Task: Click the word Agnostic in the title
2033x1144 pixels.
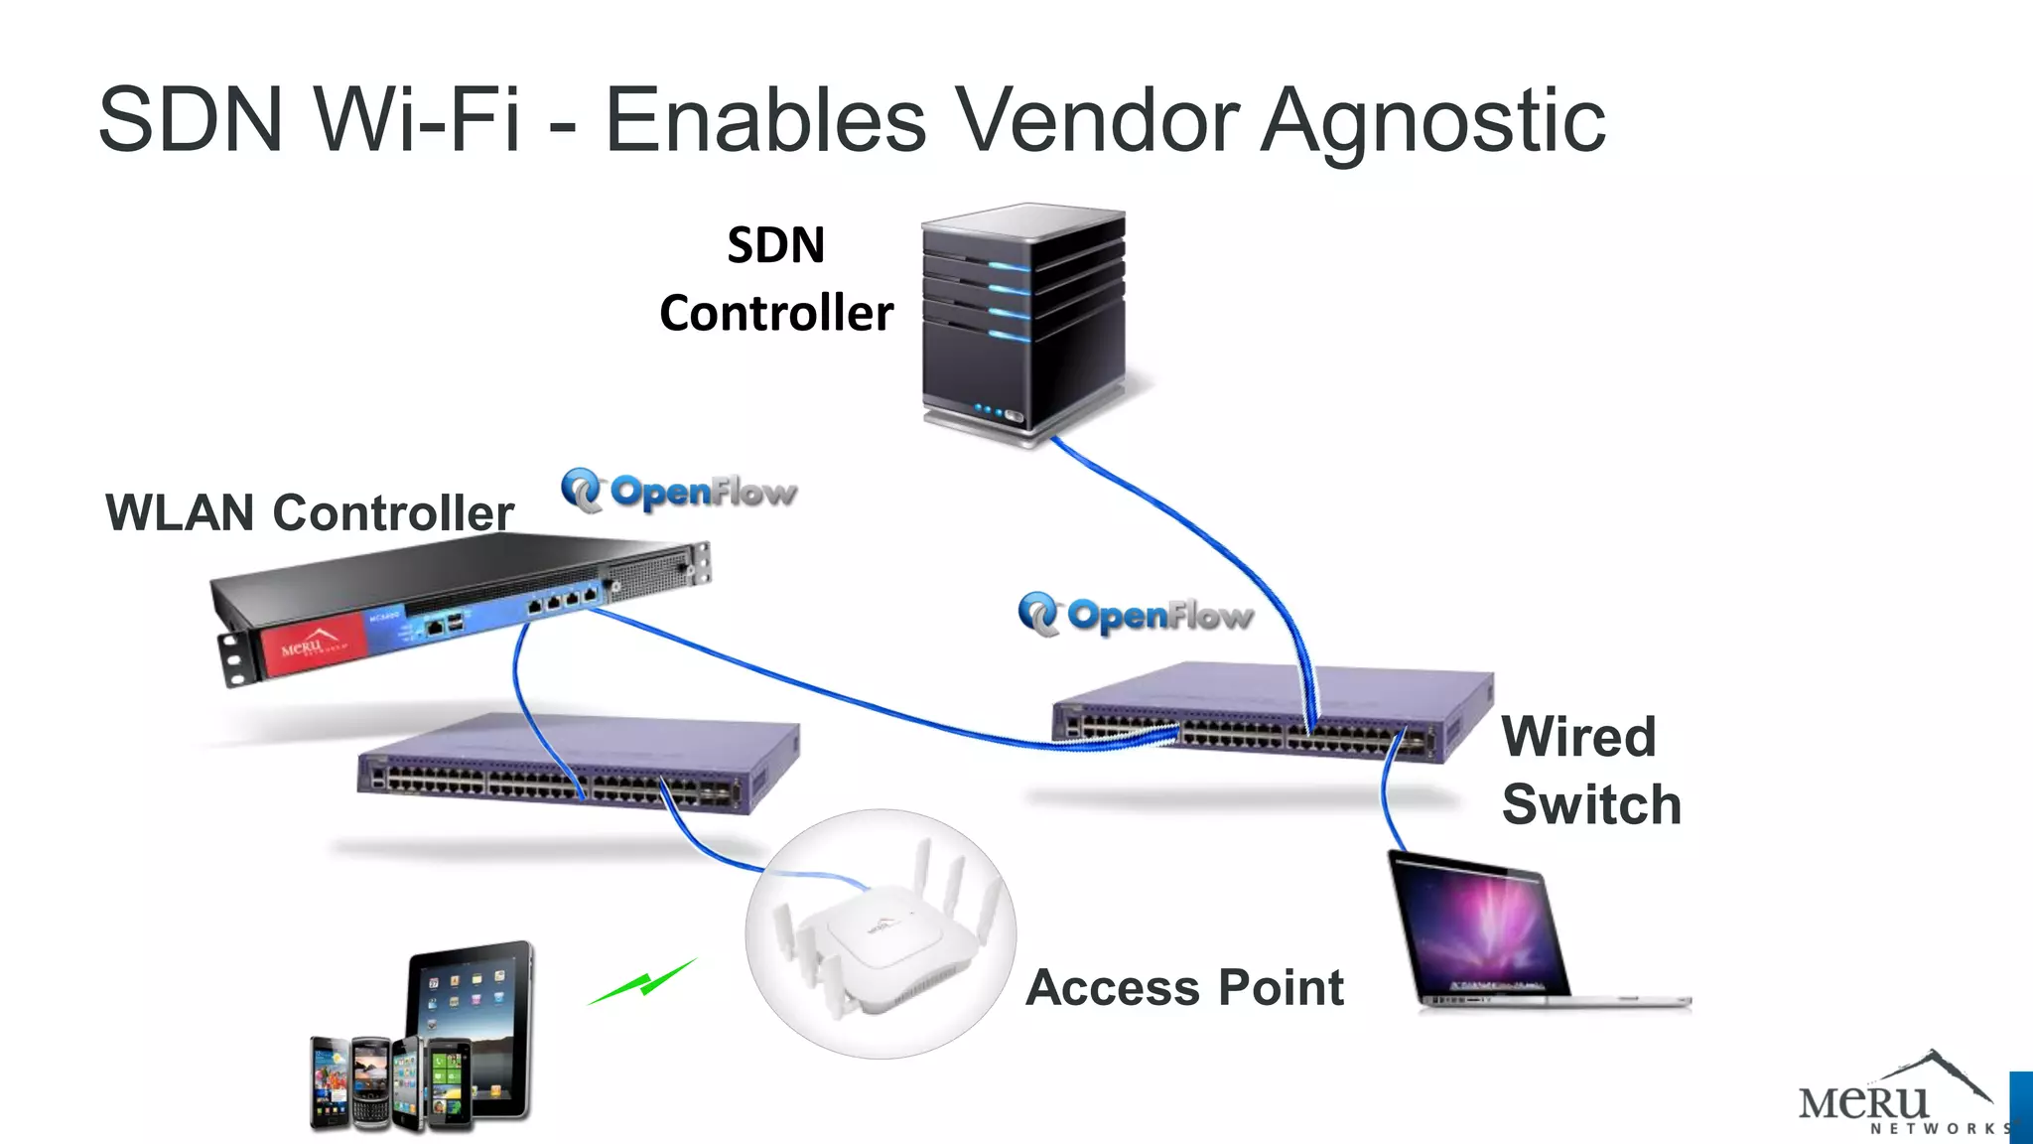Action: point(1432,121)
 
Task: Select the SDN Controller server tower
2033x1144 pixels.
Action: point(1022,323)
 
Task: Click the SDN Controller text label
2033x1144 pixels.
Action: point(776,279)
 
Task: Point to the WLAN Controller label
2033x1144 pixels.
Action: point(310,513)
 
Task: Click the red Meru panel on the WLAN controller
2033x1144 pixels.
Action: point(311,645)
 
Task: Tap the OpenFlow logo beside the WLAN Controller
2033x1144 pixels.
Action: point(679,491)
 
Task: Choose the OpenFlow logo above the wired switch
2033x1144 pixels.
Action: point(1137,615)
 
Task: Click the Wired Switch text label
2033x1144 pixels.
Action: point(1590,771)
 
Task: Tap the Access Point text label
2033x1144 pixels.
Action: point(1184,988)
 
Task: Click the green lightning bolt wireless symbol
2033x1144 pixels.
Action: point(643,982)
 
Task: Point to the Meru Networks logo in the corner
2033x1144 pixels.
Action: point(1896,1097)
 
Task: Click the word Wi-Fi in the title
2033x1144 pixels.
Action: point(417,121)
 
